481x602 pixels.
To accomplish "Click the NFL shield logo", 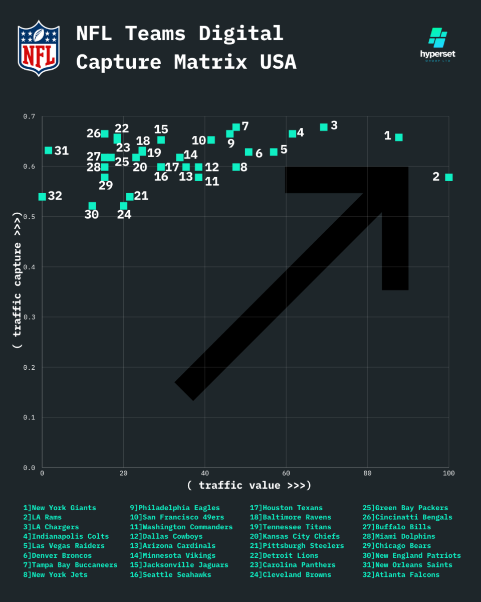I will point(39,49).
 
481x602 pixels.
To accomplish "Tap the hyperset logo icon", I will point(437,37).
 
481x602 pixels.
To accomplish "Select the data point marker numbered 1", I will point(399,137).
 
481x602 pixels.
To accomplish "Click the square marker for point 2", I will point(449,177).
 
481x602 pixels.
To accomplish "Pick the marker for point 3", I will point(324,127).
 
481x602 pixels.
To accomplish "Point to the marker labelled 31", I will point(48,150).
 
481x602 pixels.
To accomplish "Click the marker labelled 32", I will point(42,197).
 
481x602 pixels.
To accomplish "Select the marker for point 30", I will point(92,206).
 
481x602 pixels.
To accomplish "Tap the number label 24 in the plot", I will point(124,215).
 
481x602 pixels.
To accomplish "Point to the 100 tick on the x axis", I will point(448,474).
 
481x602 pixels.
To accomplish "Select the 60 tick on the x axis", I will point(286,474).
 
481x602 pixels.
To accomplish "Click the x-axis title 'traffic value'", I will point(249,485).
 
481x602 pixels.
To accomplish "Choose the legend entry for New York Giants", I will point(60,508).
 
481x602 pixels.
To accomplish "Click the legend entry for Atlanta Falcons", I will point(407,574).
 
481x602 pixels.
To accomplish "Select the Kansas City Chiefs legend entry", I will point(295,536).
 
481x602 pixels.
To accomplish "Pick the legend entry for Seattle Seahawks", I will point(170,574).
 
